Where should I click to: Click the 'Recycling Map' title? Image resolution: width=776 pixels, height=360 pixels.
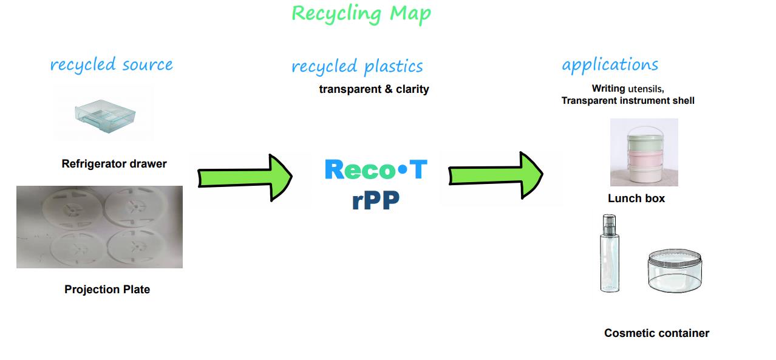click(361, 14)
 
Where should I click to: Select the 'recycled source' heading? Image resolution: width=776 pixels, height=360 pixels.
click(111, 64)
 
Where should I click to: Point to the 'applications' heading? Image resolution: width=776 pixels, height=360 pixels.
click(610, 65)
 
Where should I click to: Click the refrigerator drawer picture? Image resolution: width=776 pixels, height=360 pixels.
click(105, 116)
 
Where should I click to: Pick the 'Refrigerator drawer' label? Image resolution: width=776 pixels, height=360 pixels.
click(114, 163)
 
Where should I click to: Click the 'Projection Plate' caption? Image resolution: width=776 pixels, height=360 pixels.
click(107, 290)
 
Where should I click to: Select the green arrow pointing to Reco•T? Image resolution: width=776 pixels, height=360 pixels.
click(245, 178)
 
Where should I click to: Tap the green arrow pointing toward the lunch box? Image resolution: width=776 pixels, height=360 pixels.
click(495, 175)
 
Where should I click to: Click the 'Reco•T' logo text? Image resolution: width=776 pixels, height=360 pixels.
click(376, 169)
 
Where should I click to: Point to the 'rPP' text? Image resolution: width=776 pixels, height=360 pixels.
click(375, 200)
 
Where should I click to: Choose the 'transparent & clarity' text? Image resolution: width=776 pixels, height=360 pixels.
click(374, 89)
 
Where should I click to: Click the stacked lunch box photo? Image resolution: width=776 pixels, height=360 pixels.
click(644, 152)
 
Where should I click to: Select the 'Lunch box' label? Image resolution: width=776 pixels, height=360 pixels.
click(636, 198)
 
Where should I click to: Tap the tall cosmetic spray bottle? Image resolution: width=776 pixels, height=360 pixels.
click(610, 253)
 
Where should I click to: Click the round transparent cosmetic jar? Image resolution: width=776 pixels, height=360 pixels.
click(675, 271)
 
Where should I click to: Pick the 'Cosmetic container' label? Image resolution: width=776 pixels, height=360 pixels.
click(656, 333)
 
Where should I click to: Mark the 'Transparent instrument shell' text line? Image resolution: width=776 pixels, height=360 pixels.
click(628, 101)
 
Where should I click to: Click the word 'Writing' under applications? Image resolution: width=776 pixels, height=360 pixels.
click(608, 89)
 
